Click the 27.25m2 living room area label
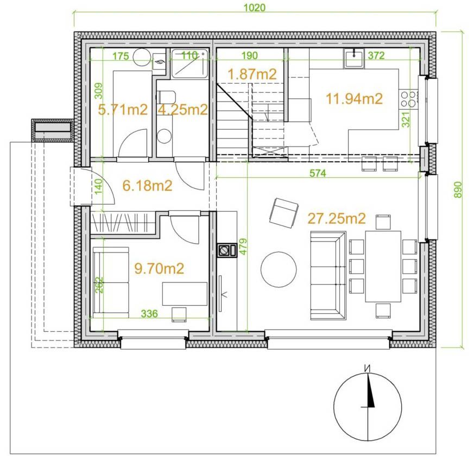[337, 218]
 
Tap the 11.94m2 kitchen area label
[355, 99]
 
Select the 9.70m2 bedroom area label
[159, 268]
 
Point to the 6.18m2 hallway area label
[147, 186]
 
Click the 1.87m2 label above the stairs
[252, 74]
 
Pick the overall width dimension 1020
[255, 8]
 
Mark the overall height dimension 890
[458, 190]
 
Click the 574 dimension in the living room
[318, 173]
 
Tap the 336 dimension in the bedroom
[149, 313]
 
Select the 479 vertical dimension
[243, 247]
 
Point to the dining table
[383, 266]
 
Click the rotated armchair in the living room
[283, 213]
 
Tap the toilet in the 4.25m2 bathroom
[166, 97]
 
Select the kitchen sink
[354, 58]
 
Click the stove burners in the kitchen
[408, 99]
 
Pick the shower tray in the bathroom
[190, 64]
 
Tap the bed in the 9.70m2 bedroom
[111, 283]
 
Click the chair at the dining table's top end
[383, 222]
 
